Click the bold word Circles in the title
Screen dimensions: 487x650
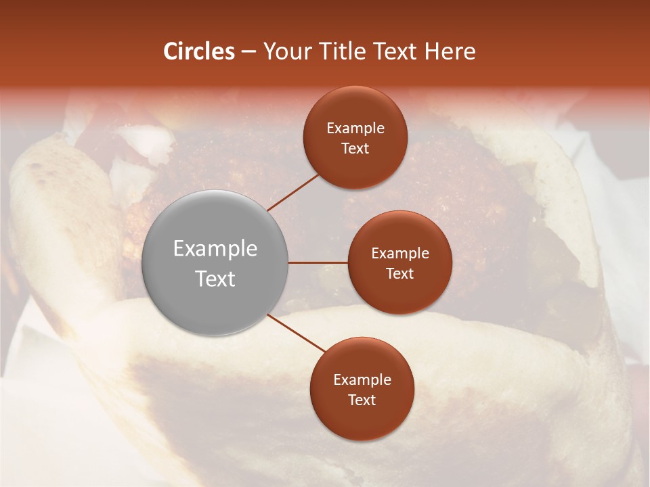199,51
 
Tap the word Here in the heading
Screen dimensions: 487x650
450,51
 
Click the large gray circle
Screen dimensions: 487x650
215,262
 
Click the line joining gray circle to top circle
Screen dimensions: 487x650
292,191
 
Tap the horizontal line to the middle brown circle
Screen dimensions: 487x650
318,262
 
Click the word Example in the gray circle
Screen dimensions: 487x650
215,249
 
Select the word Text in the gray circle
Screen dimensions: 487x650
215,279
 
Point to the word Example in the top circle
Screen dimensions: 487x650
355,128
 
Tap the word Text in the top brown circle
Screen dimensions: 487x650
355,148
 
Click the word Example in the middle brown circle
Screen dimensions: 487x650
400,253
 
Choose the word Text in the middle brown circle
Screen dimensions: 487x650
400,273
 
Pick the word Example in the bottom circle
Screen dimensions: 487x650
362,379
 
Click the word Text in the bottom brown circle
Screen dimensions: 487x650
362,400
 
